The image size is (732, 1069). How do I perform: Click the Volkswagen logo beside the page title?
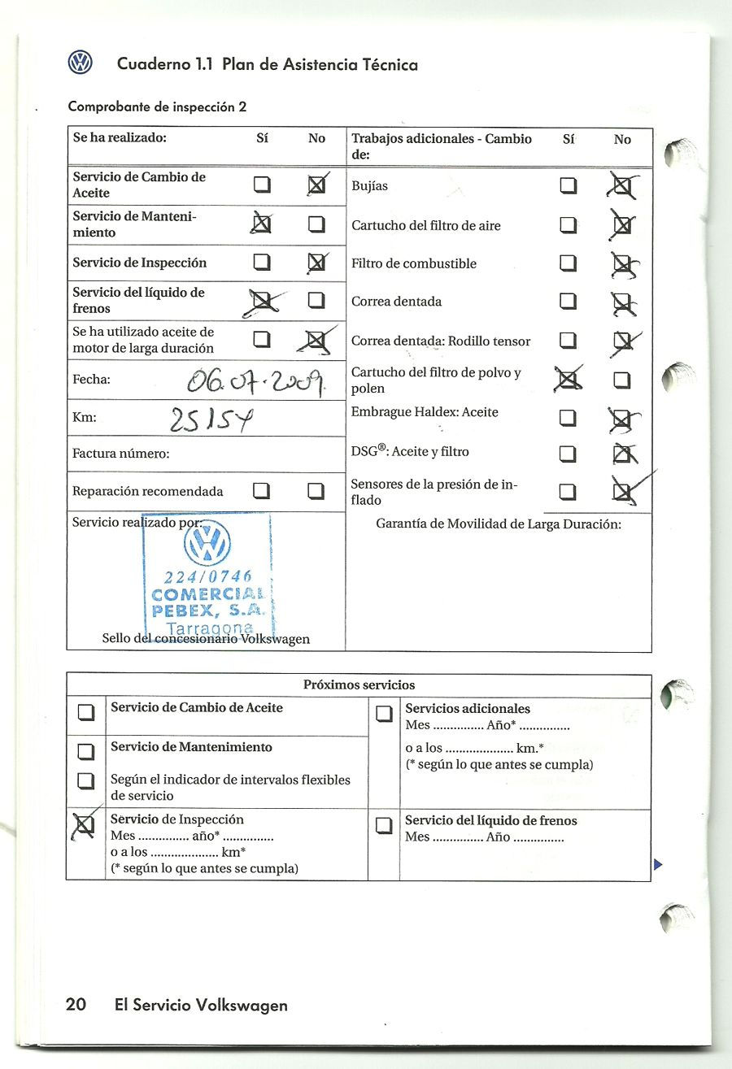(80, 63)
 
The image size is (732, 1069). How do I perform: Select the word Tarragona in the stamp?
(209, 628)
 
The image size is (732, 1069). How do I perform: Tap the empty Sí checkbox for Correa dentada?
(568, 302)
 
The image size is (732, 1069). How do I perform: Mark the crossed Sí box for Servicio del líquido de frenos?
(262, 301)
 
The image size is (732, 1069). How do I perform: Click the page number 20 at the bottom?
(76, 1005)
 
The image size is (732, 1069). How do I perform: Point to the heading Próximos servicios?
(359, 684)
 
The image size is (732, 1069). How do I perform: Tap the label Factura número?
(120, 454)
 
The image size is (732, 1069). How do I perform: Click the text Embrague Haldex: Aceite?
(425, 412)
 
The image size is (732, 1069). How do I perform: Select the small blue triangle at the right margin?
(658, 864)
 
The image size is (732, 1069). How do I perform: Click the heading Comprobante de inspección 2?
(157, 106)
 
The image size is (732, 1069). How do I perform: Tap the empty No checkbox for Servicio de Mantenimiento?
(316, 224)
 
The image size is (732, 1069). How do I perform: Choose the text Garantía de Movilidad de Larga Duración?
(498, 524)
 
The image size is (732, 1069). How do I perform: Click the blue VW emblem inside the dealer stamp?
(207, 542)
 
